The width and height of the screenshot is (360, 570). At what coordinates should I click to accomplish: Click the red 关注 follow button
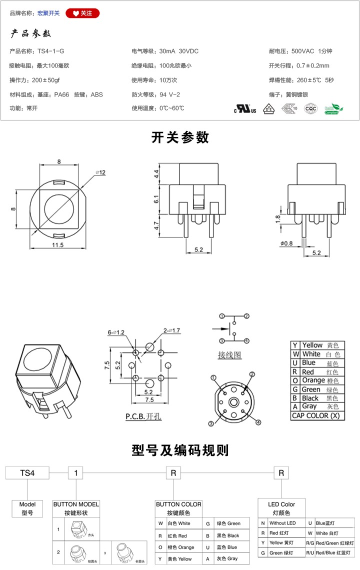pos(82,13)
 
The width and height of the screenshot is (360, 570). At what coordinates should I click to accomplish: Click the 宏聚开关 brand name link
pos(48,13)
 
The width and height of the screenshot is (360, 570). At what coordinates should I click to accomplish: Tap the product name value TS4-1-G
pos(51,51)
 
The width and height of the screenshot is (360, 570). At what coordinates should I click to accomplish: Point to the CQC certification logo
pos(310,108)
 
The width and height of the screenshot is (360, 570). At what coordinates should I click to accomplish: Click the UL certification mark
pos(245,109)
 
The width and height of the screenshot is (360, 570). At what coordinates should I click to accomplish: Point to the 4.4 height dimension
pos(156,174)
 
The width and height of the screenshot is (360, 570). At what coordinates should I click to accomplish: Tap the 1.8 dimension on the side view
pos(278,218)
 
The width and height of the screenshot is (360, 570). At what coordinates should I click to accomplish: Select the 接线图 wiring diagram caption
pos(229,355)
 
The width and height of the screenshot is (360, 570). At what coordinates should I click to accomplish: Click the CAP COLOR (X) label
pos(316,415)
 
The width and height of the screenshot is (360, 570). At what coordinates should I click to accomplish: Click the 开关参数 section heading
pos(180,137)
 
